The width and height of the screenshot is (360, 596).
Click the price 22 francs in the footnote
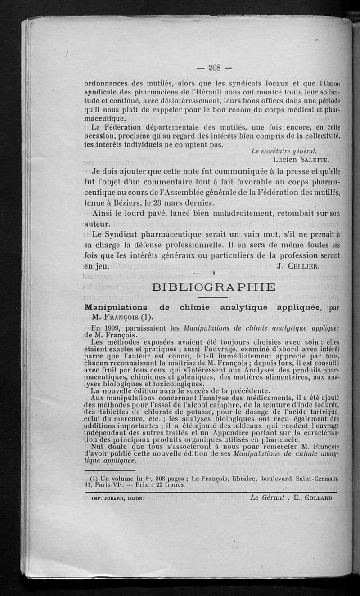(x=159, y=485)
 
